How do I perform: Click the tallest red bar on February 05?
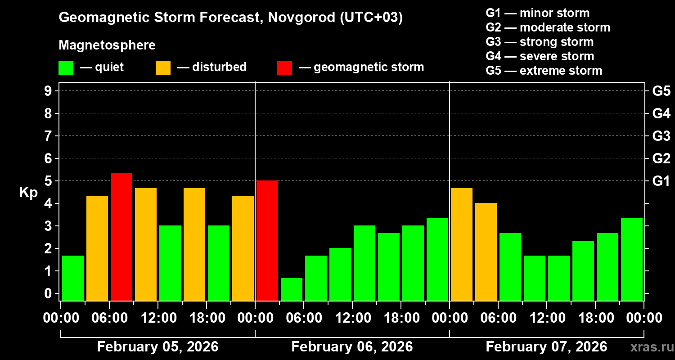(x=121, y=237)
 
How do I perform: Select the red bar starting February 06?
(x=267, y=240)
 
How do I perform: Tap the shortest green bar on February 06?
(x=292, y=289)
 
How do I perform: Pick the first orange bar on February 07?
(x=462, y=244)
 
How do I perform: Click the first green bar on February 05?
(x=73, y=278)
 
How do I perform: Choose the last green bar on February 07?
(x=632, y=259)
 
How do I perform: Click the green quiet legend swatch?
(x=66, y=68)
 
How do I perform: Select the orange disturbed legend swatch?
(x=163, y=68)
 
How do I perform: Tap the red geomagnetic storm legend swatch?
(x=284, y=68)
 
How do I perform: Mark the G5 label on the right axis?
(x=661, y=91)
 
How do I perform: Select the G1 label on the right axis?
(x=661, y=181)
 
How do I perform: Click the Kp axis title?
(x=28, y=192)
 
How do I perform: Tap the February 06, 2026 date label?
(x=352, y=347)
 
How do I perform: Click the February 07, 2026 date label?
(x=546, y=347)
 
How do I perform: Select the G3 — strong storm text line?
(x=540, y=42)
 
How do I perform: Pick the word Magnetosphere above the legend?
(x=107, y=45)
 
